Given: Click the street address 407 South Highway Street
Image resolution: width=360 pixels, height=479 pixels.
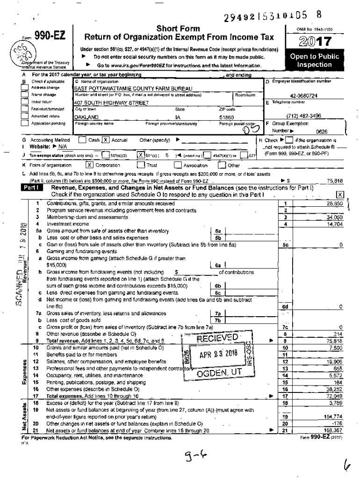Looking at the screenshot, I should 101,102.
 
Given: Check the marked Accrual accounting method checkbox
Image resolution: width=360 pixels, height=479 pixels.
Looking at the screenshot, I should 106,140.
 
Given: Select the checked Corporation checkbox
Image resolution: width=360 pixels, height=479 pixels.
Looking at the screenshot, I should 89,165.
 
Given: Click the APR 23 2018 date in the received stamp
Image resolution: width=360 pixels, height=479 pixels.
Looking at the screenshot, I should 218,354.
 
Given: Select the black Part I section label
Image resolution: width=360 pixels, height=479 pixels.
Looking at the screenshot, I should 32,188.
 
